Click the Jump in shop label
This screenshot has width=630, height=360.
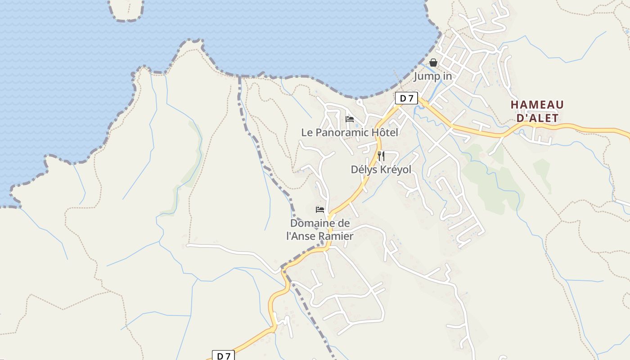[432, 76]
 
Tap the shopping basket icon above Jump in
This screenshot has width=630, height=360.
[433, 63]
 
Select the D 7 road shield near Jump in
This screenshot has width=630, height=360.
[406, 98]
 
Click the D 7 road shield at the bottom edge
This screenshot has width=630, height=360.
[223, 356]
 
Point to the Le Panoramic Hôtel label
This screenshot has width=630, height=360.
[350, 132]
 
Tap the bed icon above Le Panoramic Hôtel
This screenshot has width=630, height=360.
[350, 119]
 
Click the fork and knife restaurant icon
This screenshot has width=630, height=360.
[381, 156]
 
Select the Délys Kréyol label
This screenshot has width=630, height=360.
[381, 170]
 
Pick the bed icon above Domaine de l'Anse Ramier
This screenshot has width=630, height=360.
[320, 209]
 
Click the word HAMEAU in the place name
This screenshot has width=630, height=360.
[537, 105]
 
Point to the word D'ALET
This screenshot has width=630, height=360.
[537, 118]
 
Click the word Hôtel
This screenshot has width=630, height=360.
[385, 132]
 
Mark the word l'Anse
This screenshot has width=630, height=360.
[301, 236]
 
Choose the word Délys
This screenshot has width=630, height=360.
[364, 170]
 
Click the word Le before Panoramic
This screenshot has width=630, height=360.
[306, 132]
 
